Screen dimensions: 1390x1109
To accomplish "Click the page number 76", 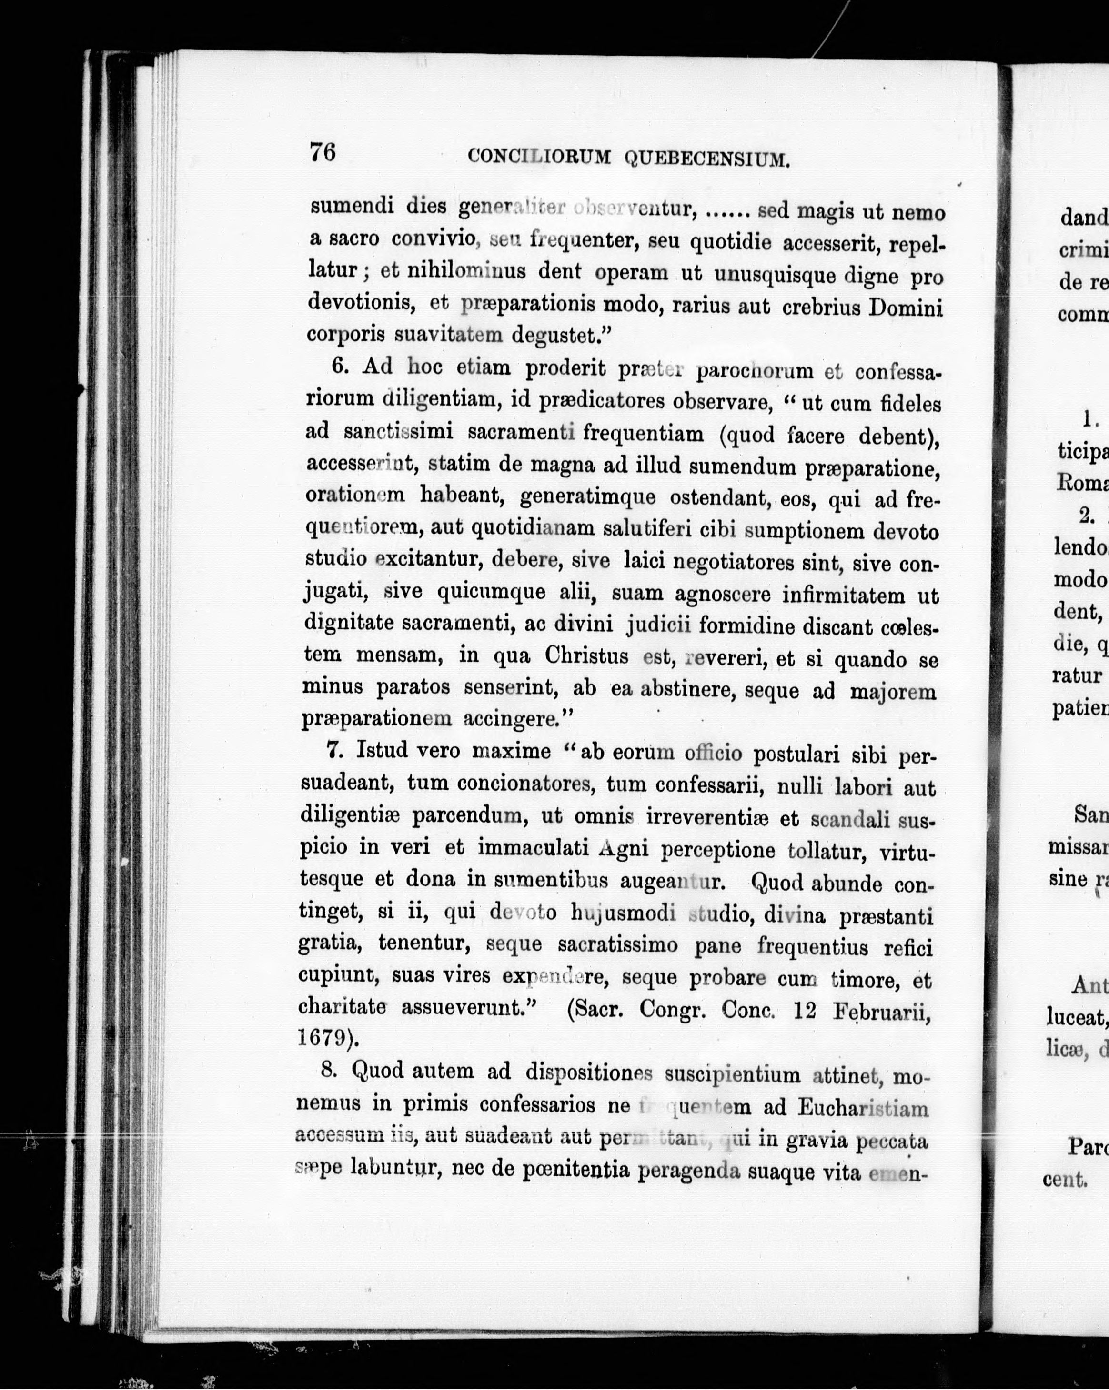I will pyautogui.click(x=323, y=153).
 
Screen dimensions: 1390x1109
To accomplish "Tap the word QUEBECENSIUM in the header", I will pyautogui.click(x=708, y=159).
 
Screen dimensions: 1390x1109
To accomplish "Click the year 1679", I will pyautogui.click(x=324, y=1039).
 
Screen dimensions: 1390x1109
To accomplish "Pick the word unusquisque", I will pyautogui.click(x=770, y=277).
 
